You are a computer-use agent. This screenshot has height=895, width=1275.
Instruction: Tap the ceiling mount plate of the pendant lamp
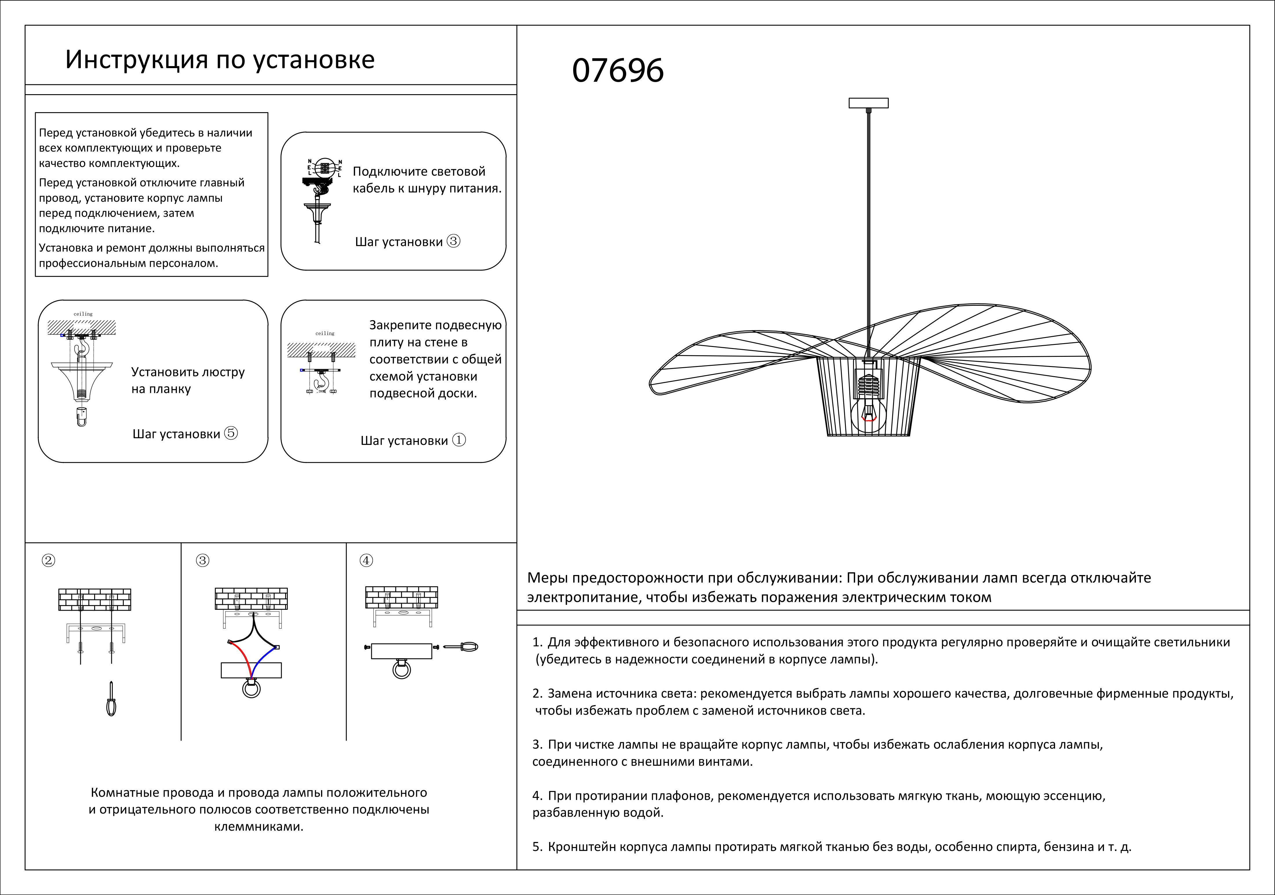(x=868, y=103)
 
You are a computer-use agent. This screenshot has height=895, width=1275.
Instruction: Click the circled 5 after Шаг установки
(x=231, y=433)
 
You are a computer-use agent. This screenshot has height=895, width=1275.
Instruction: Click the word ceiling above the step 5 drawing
(x=83, y=314)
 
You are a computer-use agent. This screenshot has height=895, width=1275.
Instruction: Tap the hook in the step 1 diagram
(x=321, y=382)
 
